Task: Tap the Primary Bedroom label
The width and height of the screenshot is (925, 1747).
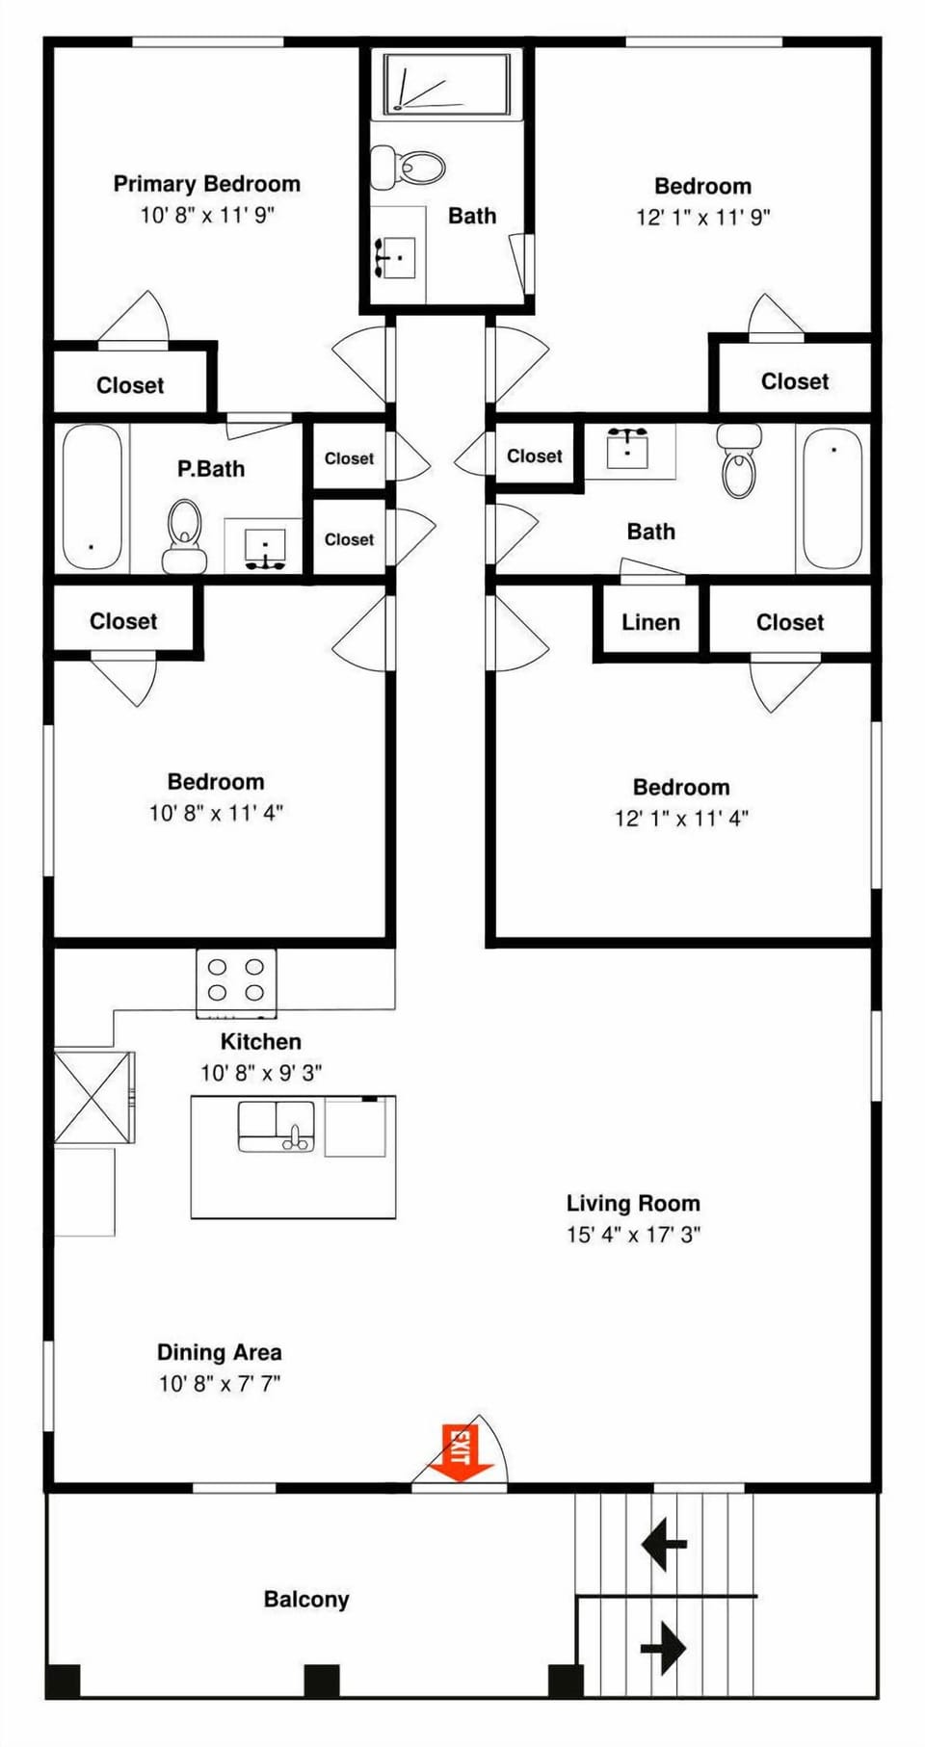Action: (x=206, y=184)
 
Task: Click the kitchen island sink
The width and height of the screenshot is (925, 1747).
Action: (x=276, y=1126)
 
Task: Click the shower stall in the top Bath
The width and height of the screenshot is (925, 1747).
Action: (x=446, y=85)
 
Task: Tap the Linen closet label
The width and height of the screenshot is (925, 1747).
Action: (x=650, y=622)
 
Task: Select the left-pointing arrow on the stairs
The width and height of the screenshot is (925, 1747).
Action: (x=663, y=1544)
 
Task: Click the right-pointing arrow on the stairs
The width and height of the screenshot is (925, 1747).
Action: (x=663, y=1647)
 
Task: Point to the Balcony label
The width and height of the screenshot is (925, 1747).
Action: (x=306, y=1599)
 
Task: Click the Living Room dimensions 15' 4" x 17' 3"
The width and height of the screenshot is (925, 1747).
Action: (x=633, y=1234)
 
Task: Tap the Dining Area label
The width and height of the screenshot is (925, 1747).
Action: (x=219, y=1352)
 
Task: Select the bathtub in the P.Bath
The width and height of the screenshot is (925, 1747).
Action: (x=92, y=498)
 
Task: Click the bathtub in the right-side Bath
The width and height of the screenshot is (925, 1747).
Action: (x=832, y=498)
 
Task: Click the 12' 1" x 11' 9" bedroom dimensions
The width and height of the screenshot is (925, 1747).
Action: (x=702, y=217)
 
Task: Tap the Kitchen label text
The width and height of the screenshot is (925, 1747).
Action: (x=260, y=1041)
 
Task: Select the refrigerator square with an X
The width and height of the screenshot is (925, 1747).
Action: (x=92, y=1097)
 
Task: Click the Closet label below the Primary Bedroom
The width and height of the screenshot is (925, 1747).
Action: (x=130, y=385)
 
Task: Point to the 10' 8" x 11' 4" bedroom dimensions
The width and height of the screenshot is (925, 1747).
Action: (x=215, y=813)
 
